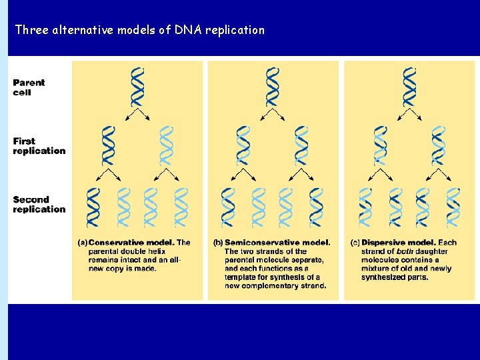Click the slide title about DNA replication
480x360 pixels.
coord(139,30)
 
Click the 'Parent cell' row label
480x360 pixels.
coord(29,87)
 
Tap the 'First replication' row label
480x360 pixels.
coord(39,146)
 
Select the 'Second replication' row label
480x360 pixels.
coord(39,204)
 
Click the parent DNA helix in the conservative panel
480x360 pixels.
coord(137,87)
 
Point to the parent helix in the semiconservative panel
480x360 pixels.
coord(273,87)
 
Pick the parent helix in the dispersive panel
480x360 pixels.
coord(409,87)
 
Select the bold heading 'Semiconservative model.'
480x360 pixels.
coord(277,243)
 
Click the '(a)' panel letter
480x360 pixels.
coord(83,243)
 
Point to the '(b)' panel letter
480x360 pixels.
coord(218,243)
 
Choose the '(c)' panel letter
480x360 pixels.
coord(355,243)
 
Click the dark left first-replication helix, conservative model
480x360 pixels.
coord(108,145)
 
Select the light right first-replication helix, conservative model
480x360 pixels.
coord(166,145)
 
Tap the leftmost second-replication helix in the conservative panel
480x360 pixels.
coord(93,207)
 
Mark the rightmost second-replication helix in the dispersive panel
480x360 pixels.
coord(453,207)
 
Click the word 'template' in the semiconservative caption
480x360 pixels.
coord(239,277)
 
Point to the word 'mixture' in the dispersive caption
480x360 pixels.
coord(377,269)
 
